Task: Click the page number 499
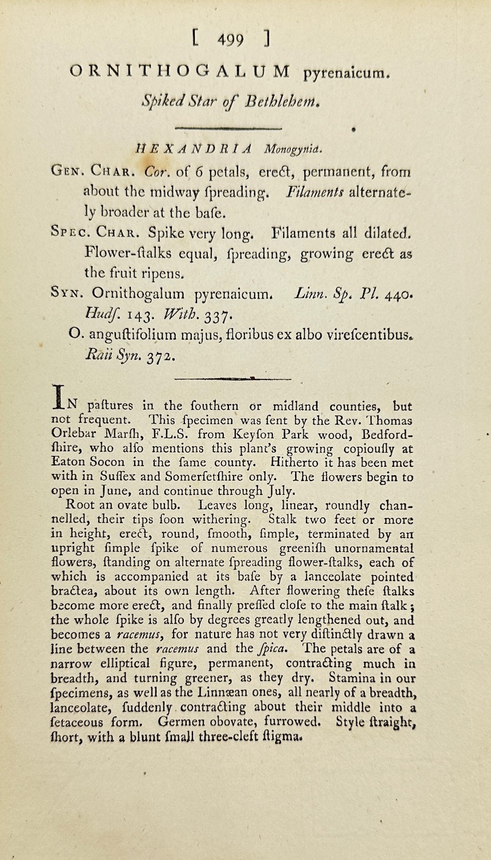(x=231, y=39)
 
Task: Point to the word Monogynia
(x=293, y=150)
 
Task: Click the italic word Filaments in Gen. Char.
(x=315, y=192)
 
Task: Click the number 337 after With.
(x=204, y=314)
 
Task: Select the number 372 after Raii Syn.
(x=159, y=356)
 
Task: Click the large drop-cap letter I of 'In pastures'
(x=58, y=397)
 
